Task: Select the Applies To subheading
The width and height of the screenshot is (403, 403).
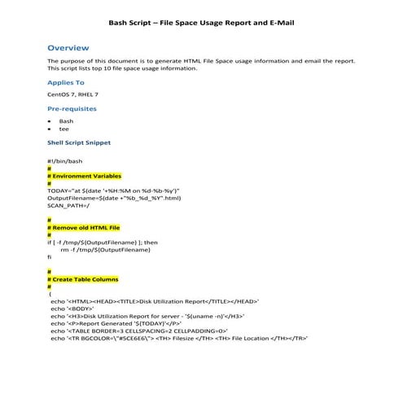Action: point(65,82)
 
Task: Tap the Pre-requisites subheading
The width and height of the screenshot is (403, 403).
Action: point(72,107)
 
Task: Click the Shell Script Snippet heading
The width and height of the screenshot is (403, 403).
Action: point(79,142)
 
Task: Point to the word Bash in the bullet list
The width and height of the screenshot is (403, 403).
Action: point(66,120)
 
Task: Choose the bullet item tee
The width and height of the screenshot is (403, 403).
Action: point(64,129)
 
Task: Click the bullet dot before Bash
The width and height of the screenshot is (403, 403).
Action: point(50,120)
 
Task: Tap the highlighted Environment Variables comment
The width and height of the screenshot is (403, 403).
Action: point(85,175)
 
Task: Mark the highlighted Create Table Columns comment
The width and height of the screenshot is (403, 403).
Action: point(85,279)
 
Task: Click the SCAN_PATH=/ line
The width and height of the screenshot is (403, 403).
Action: point(67,204)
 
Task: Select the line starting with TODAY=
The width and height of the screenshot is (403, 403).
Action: point(113,190)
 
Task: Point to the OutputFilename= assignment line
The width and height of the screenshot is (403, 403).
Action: point(114,197)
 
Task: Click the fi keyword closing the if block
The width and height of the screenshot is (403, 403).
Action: point(50,256)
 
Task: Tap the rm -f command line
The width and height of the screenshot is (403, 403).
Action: point(105,249)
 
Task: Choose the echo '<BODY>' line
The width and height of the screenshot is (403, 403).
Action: point(72,309)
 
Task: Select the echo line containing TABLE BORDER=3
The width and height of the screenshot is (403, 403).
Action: point(138,331)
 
